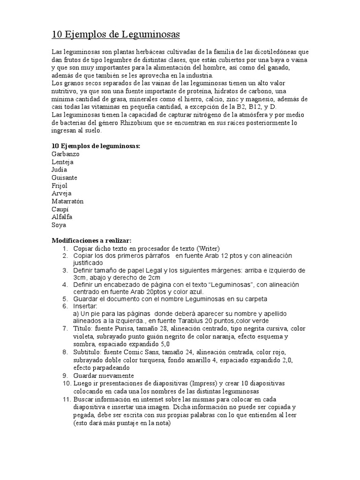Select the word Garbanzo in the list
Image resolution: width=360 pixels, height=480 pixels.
66,154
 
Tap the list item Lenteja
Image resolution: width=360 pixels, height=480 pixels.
62,162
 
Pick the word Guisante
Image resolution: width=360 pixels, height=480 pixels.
65,178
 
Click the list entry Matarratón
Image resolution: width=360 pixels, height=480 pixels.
67,201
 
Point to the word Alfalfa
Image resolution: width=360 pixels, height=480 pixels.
62,217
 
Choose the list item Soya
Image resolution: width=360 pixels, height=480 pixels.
59,225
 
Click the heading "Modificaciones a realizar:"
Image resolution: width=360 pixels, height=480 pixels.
91,240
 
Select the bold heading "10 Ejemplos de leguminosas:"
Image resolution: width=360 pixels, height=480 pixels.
96,146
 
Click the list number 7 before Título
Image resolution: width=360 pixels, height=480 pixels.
66,329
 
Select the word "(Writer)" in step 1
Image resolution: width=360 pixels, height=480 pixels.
208,248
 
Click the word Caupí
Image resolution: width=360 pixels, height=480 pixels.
60,209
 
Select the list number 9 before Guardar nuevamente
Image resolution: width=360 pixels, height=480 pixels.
66,375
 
